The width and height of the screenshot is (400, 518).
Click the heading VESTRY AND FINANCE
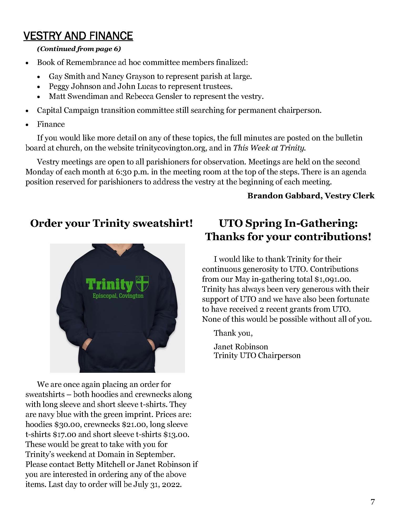point(78,36)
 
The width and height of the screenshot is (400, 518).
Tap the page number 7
point(372,502)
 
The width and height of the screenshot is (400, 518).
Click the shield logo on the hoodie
point(142,284)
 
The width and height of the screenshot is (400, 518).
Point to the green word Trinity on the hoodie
point(110,285)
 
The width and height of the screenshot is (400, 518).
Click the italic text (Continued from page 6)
point(79,49)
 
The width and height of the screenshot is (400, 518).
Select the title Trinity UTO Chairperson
point(257,356)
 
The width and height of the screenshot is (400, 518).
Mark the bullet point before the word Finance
point(27,124)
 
